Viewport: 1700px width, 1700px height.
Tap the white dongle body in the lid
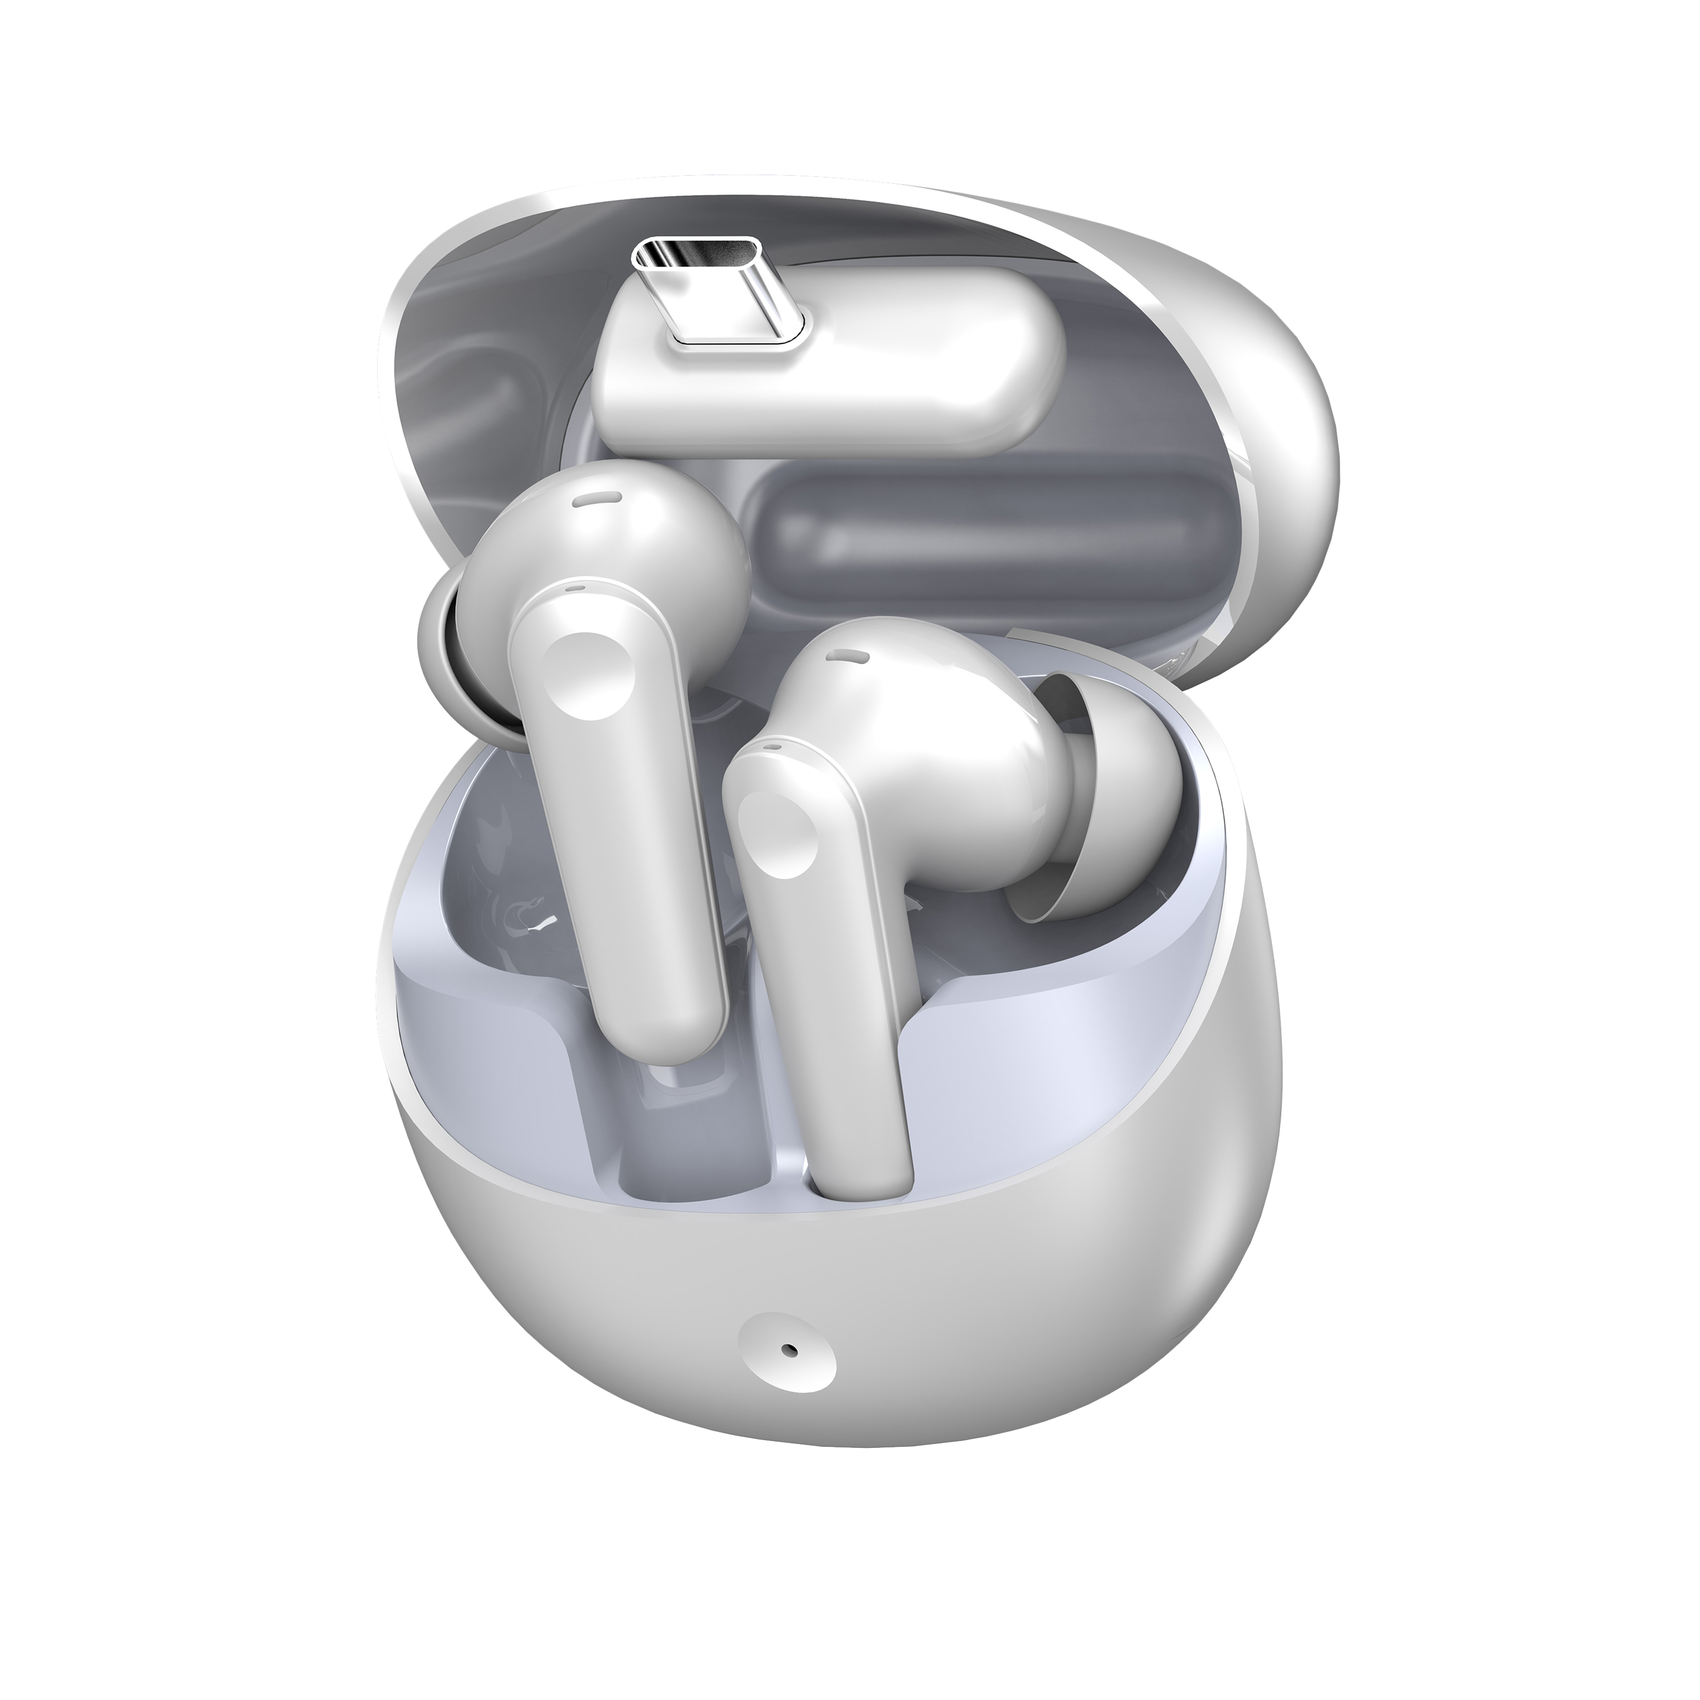click(x=880, y=396)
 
